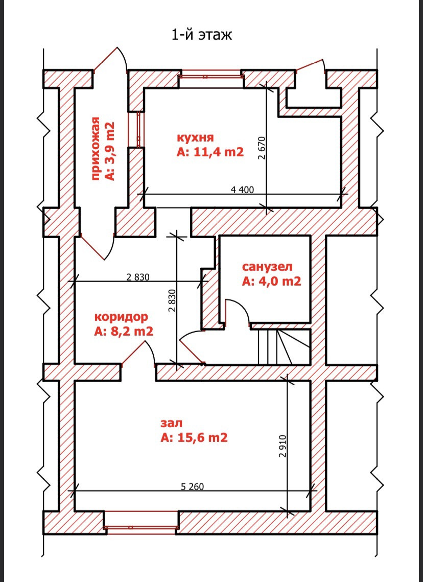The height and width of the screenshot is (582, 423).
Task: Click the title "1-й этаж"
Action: (201, 35)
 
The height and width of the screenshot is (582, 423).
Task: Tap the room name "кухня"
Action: (195, 137)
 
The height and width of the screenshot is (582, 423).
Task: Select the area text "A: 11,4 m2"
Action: (210, 152)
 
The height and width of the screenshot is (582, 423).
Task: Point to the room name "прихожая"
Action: (96, 149)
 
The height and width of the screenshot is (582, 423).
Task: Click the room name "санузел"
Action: (267, 267)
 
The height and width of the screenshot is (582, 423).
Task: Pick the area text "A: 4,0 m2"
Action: (271, 281)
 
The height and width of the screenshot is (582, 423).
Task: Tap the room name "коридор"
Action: (121, 317)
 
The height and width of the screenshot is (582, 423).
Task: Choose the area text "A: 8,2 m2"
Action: (124, 331)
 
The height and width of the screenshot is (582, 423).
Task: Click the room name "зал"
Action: (172, 423)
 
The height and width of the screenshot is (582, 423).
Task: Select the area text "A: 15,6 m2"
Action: (194, 437)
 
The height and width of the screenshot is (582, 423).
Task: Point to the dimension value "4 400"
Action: (242, 190)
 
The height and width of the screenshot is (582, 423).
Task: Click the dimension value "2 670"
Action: (263, 149)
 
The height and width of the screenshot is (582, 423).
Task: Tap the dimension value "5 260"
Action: (192, 486)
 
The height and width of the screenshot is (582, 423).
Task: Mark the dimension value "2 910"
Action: (284, 446)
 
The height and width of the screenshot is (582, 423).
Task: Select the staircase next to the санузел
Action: (284, 346)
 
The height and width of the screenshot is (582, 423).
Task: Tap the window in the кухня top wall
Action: (211, 77)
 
